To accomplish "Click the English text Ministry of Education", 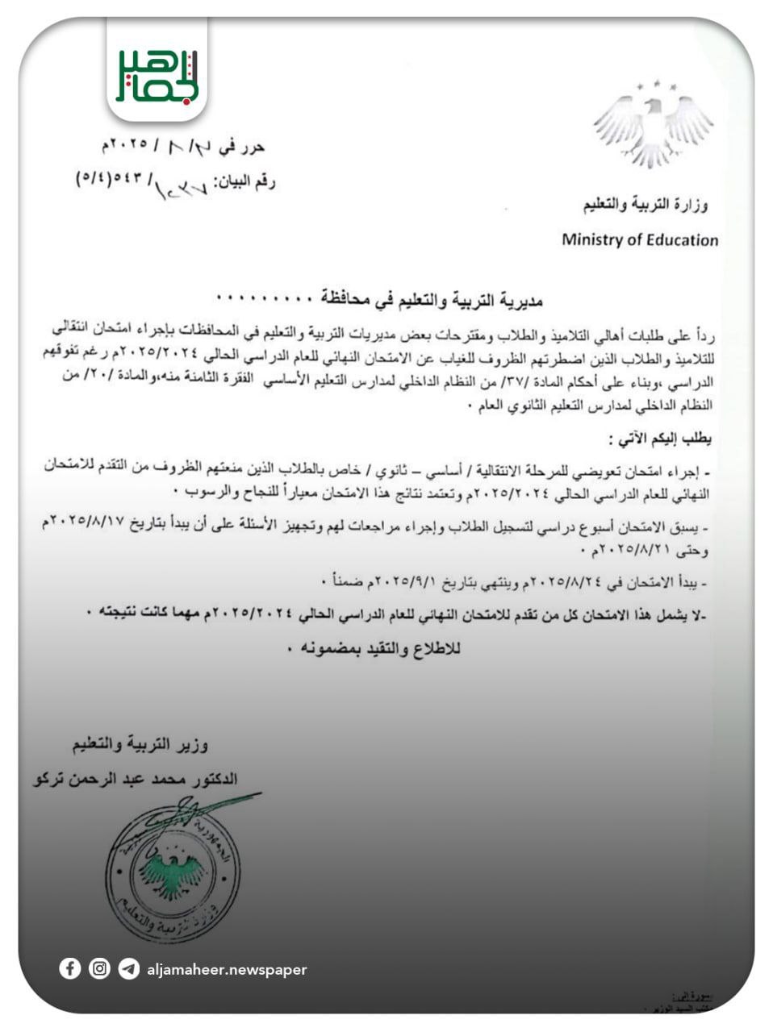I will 639,239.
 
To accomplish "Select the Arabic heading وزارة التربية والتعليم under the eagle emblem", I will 646,206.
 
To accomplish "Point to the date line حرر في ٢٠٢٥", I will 182,147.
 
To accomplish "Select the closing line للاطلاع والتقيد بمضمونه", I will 373,647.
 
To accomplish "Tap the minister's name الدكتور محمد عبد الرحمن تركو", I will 136,779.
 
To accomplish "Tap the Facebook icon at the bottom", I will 70,969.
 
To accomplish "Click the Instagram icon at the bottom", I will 99,969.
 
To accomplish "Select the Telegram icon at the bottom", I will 128,969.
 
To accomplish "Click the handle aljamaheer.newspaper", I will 228,970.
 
